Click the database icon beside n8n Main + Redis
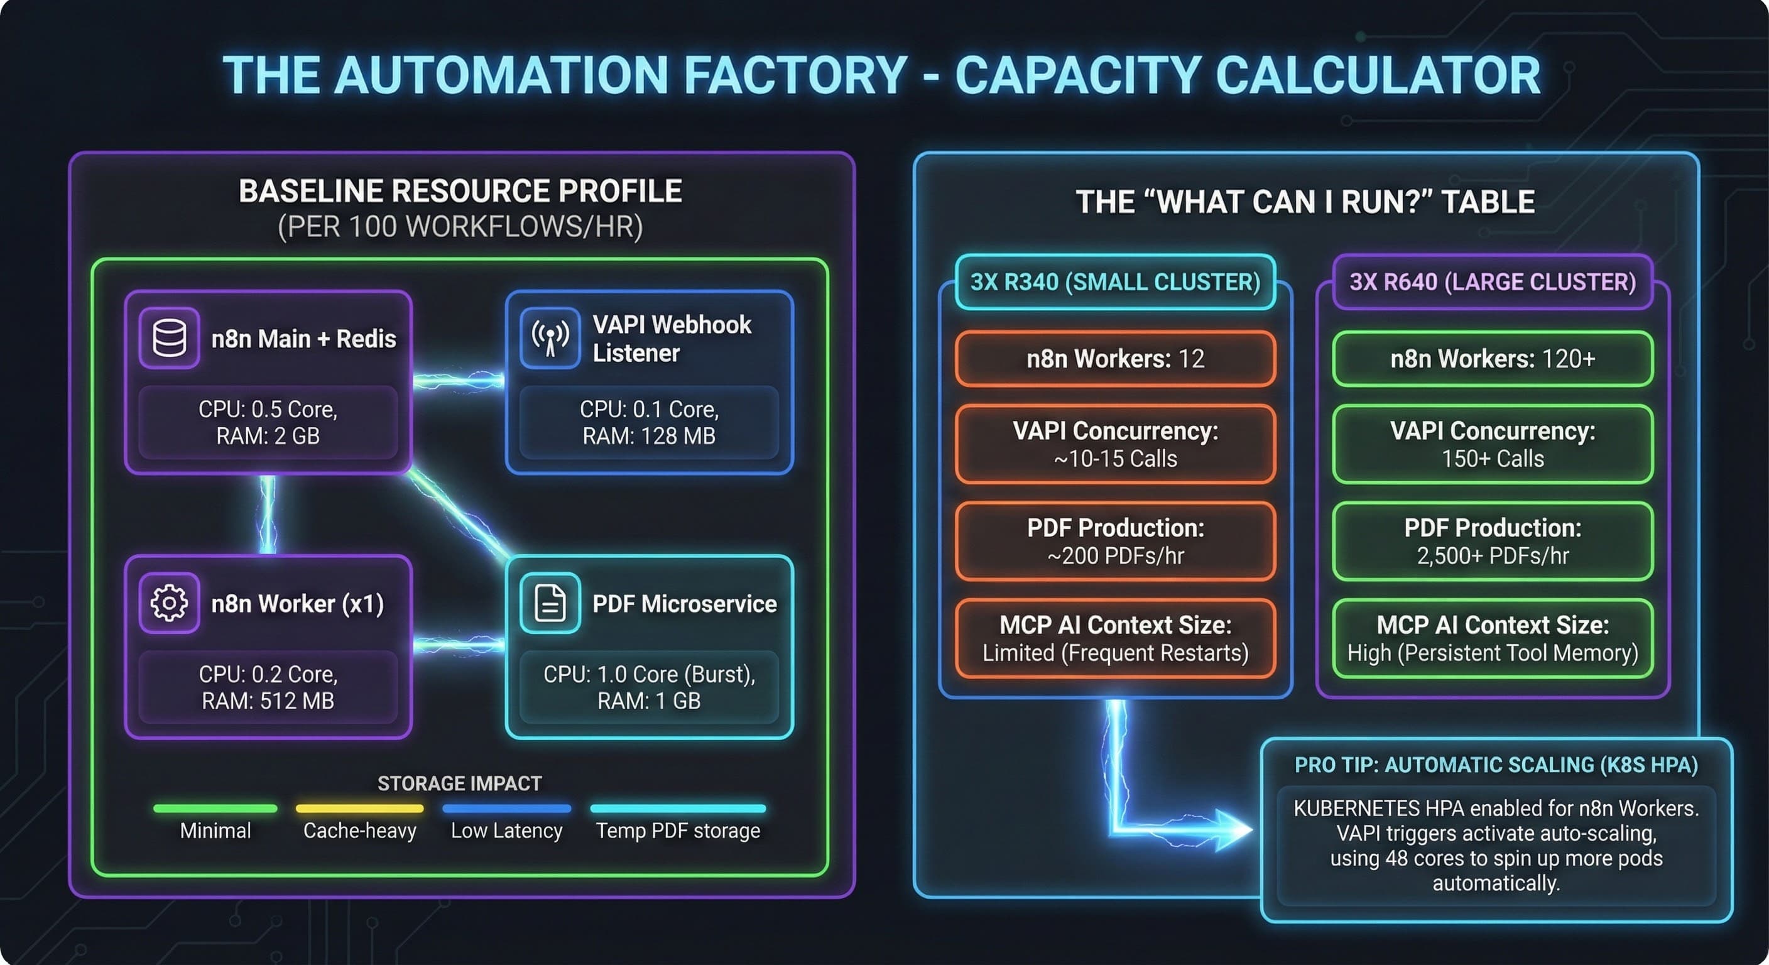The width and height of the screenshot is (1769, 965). pyautogui.click(x=169, y=338)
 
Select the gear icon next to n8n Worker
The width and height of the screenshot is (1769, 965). pyautogui.click(x=169, y=602)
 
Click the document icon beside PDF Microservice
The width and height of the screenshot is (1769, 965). pyautogui.click(x=550, y=602)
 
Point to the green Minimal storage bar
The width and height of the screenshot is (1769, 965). pyautogui.click(x=215, y=809)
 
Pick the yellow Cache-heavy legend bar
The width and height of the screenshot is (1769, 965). pyautogui.click(x=359, y=809)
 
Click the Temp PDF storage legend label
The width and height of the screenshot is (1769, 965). pyautogui.click(x=678, y=831)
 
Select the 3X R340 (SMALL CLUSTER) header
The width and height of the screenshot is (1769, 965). pyautogui.click(x=1115, y=281)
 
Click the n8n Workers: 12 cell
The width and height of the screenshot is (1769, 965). pyautogui.click(x=1115, y=359)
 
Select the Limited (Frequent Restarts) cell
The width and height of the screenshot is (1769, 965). pyautogui.click(x=1115, y=639)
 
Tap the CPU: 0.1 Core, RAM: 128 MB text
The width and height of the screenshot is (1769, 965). pyautogui.click(x=649, y=422)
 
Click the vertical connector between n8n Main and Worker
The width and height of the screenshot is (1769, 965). pyautogui.click(x=268, y=515)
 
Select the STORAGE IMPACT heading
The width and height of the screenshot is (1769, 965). pyautogui.click(x=459, y=783)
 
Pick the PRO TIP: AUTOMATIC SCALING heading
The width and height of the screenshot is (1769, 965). pyautogui.click(x=1496, y=765)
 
